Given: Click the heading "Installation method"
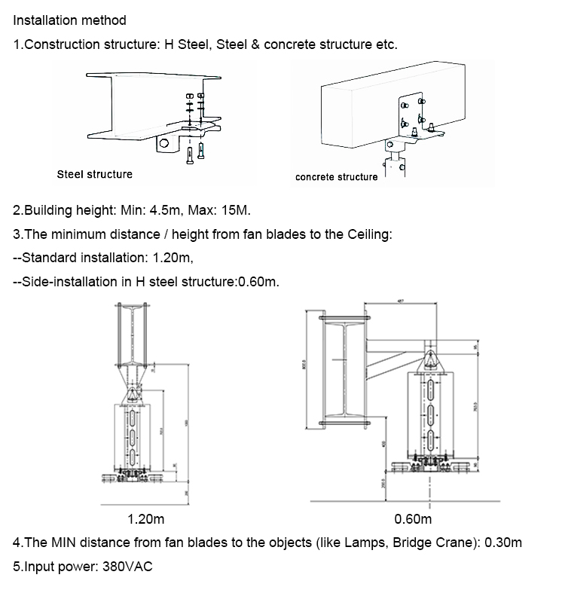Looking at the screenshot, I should click(x=70, y=20).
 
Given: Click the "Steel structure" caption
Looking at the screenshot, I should click(x=94, y=174).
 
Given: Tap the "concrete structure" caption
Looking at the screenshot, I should click(x=336, y=177).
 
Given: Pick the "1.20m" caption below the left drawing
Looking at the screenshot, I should click(x=147, y=519).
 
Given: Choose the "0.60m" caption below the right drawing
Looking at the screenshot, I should click(x=413, y=519).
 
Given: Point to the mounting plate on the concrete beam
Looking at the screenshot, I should click(x=411, y=113).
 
